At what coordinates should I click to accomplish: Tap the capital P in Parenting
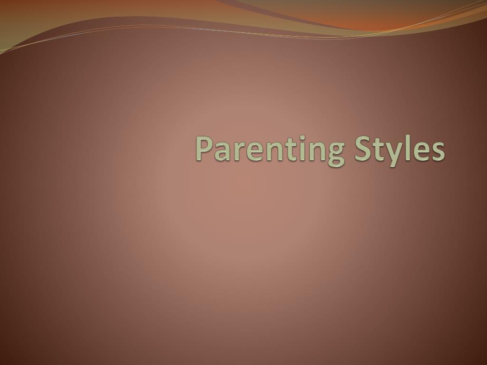coord(204,148)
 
